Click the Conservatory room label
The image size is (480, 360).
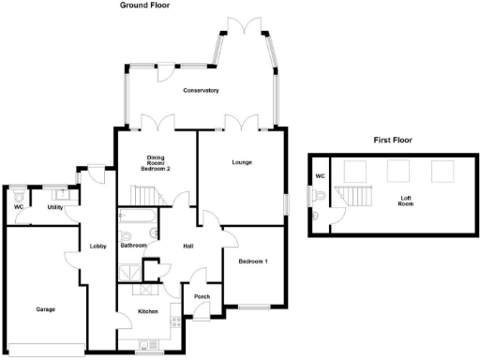[x=201, y=91]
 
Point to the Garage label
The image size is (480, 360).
[x=45, y=309]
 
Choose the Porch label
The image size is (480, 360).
[x=201, y=297]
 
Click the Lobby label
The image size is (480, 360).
[x=97, y=247]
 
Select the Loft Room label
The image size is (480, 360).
[x=406, y=199]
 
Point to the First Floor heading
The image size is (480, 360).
[x=393, y=140]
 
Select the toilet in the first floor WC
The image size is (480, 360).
[x=321, y=196]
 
